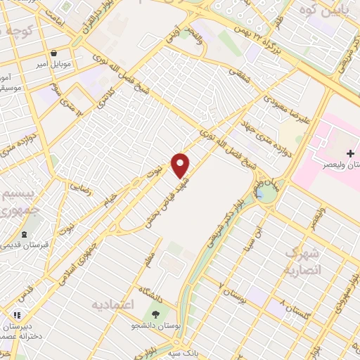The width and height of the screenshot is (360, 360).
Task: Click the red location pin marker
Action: [x=181, y=165]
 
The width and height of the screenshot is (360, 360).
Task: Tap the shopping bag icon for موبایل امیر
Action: [x=53, y=53]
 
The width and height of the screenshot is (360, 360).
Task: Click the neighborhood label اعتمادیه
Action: [x=112, y=304]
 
